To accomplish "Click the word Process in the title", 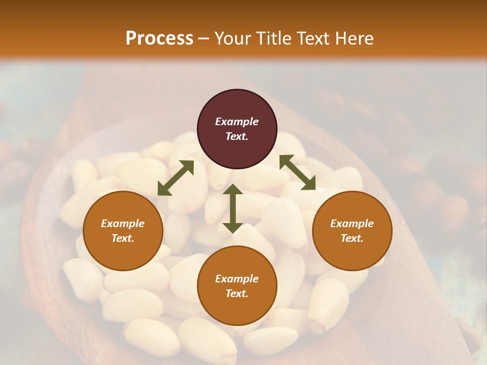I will pyautogui.click(x=159, y=39).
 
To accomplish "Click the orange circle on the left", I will pyautogui.click(x=123, y=231).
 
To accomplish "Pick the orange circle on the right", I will pyautogui.click(x=352, y=231).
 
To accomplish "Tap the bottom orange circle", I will pyautogui.click(x=237, y=286).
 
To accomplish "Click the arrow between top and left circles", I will pyautogui.click(x=176, y=178).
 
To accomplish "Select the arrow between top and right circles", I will pyautogui.click(x=297, y=172).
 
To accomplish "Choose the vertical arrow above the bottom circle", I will pyautogui.click(x=233, y=208).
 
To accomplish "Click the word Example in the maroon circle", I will pyautogui.click(x=237, y=122).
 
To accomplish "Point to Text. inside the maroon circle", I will pyautogui.click(x=237, y=136).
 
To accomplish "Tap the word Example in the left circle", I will pyautogui.click(x=123, y=224).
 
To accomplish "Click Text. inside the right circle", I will pyautogui.click(x=352, y=238).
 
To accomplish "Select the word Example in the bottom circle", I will pyautogui.click(x=237, y=279).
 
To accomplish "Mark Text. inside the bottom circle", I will pyautogui.click(x=237, y=294).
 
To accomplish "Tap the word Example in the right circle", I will pyautogui.click(x=352, y=224).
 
